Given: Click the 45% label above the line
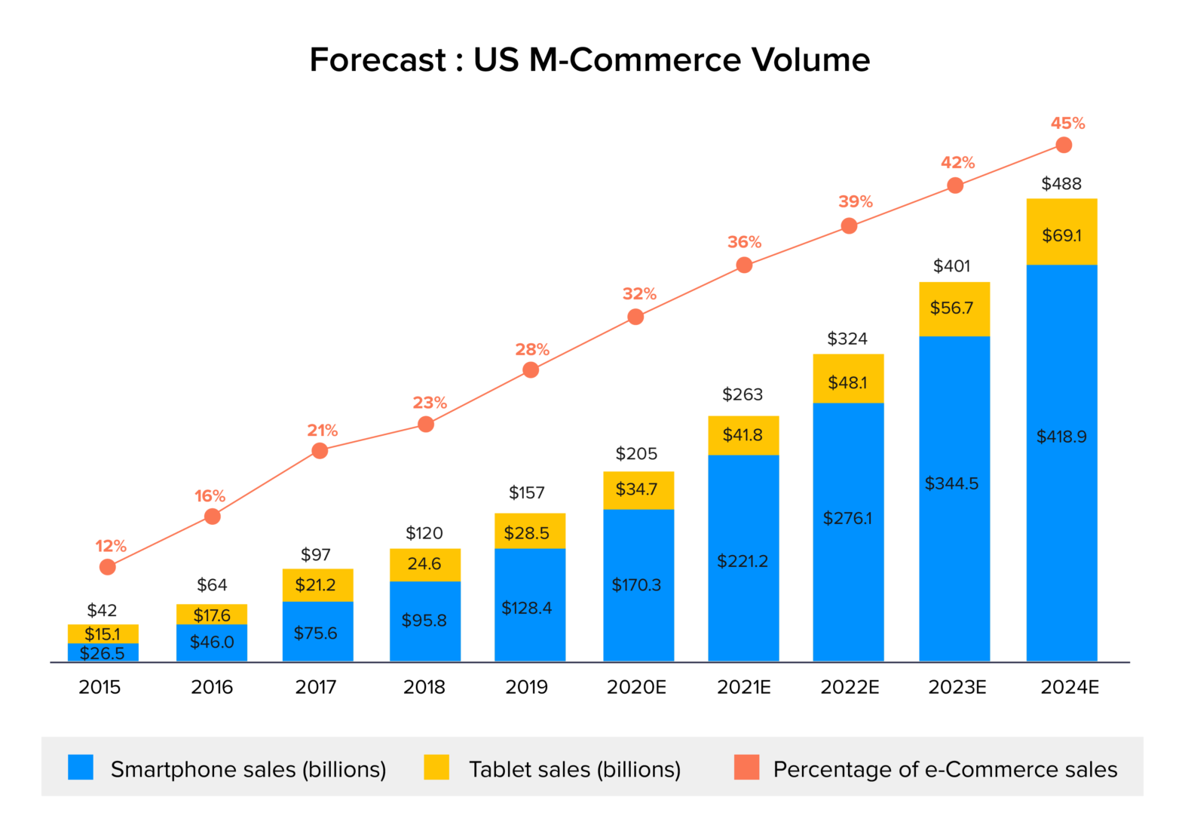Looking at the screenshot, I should point(1067,123).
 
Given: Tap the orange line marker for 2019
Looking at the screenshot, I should point(531,370).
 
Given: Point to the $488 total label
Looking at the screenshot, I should point(1061,184).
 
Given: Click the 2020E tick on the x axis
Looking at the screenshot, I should point(636,687).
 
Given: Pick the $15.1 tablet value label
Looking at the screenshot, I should point(102,634).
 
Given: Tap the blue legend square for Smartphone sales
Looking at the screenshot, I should point(81,768).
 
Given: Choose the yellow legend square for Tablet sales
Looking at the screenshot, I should point(436,768).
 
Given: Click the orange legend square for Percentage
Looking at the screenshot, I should point(746,768).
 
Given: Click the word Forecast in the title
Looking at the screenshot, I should point(378,60).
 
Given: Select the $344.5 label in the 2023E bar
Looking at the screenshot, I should point(951,483).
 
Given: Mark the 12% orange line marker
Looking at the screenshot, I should point(108,567).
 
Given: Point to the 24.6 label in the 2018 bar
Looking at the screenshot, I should point(424,564).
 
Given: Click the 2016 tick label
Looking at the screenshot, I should point(212,687).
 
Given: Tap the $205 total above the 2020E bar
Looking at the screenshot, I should point(636,454).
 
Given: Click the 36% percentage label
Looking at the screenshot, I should point(744,242).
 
